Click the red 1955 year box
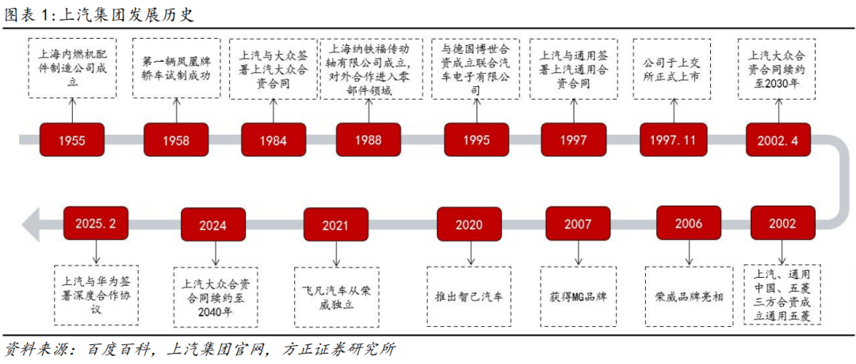pos(72,140)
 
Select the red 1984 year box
pos(273,140)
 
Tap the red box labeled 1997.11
pos(672,139)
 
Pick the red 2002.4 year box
pos(778,139)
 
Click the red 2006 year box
pos(689,223)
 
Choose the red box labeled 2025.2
pos(96,223)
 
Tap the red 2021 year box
pos(336,224)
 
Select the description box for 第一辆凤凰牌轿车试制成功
pos(176,67)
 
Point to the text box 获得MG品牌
pos(579,297)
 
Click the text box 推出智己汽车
pos(469,297)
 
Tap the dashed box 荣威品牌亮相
pos(689,297)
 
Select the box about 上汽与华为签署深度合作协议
pos(96,297)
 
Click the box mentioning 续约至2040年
pos(216,298)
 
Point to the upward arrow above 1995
pos(476,112)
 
